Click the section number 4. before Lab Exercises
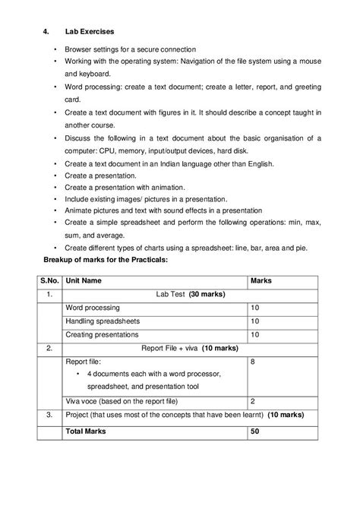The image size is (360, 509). tap(45, 32)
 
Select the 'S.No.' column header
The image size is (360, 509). tap(50, 280)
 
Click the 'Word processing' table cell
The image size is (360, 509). tap(93, 308)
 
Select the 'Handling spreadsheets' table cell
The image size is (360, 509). tap(103, 321)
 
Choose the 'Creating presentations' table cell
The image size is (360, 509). tap(103, 335)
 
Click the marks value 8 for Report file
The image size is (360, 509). tap(253, 362)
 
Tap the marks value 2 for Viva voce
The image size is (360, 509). tap(253, 400)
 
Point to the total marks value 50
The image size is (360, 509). tap(255, 431)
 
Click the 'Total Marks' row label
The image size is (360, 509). tap(87, 431)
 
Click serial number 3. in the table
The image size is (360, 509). tap(49, 415)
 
